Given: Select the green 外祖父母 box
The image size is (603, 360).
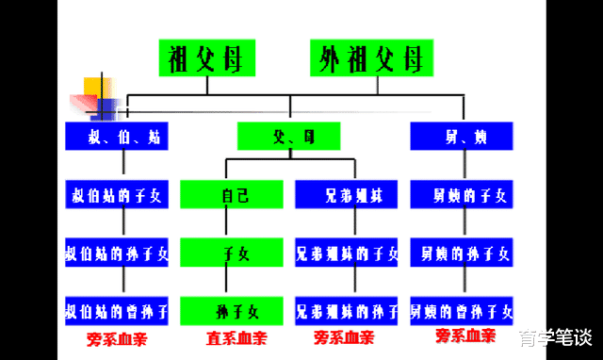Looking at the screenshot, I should [x=372, y=59].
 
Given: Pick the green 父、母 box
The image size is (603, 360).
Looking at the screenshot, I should [x=288, y=138].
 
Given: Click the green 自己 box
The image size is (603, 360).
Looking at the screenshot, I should [x=232, y=196].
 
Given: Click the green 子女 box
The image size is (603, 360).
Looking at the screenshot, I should [x=232, y=253].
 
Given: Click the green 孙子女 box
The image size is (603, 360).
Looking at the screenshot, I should [x=232, y=310].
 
